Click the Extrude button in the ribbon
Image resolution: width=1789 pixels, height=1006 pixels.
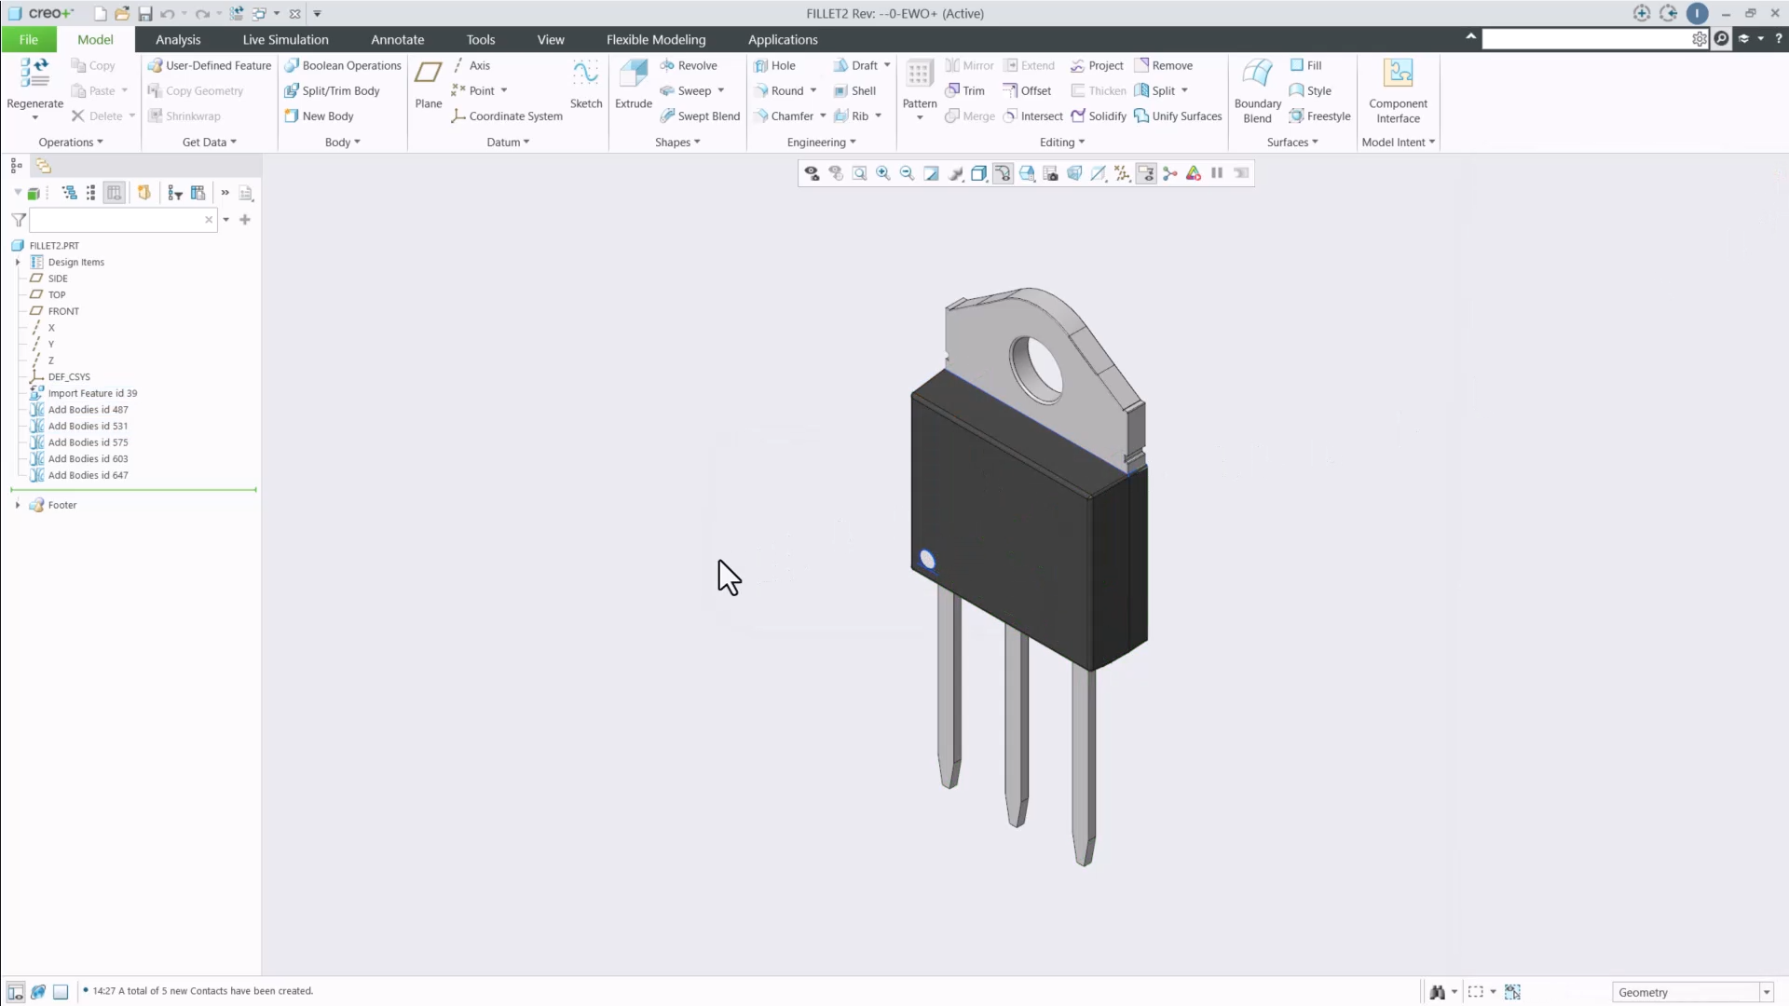coord(633,84)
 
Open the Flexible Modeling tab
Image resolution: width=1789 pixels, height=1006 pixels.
coord(655,39)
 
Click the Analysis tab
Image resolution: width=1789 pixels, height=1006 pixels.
coord(177,39)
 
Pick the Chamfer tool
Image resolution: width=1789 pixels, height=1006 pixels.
coord(791,116)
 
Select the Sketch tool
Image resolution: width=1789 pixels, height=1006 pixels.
coord(585,84)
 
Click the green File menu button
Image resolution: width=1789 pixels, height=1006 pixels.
coord(28,39)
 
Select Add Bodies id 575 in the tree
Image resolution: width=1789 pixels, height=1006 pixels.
coord(88,442)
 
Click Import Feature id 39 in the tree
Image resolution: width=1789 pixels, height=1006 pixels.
coord(92,393)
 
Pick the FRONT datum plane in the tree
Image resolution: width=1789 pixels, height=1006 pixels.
coord(63,311)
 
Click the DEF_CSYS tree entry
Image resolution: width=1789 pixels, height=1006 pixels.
coord(69,377)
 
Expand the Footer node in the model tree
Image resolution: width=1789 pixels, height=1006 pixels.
coord(18,505)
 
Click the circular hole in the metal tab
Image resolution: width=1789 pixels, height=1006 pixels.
coord(1037,369)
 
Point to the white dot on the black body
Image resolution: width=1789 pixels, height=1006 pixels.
coord(927,559)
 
